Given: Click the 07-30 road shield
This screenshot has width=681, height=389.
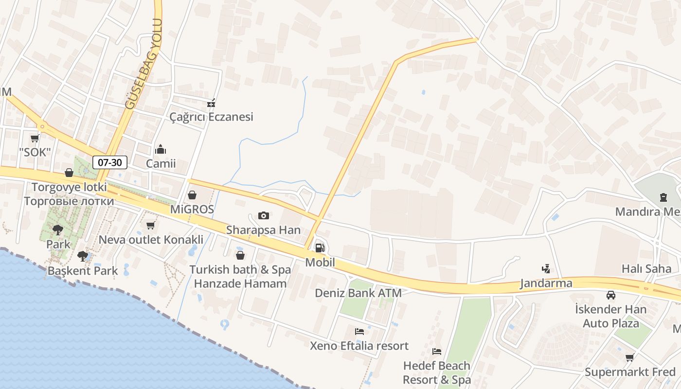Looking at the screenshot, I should point(110,162).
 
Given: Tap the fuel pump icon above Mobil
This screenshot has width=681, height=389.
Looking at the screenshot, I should point(320,248).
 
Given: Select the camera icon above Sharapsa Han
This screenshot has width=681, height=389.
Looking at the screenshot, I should point(263,215).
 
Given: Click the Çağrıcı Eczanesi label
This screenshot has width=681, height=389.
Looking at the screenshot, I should point(211,117).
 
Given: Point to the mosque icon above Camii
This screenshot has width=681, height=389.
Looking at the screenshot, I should point(161,149).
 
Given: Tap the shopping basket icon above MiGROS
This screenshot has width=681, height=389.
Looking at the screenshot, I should point(192,195).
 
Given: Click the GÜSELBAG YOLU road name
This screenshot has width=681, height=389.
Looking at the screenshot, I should point(143,63).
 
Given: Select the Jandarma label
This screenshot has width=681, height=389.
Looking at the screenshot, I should point(546,283).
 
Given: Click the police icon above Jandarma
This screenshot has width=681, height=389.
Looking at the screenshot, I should point(546,268).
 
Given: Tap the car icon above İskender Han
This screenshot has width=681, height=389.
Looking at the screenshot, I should point(610,295).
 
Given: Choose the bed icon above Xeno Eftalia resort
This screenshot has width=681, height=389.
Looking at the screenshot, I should point(359,332).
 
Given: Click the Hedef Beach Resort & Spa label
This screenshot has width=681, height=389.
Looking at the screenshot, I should point(436,372).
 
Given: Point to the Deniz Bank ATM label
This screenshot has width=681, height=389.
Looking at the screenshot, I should point(358,293).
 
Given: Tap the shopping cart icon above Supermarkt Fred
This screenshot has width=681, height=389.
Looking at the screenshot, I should point(630,357).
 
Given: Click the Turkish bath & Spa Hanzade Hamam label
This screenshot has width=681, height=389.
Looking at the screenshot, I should point(240,276).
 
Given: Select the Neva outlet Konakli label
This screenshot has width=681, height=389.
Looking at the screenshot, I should point(151,239).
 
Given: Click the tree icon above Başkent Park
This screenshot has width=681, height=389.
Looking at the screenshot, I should point(82,256).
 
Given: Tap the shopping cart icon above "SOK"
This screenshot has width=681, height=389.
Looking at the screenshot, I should point(35,138).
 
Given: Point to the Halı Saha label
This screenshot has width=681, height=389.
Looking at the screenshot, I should point(646,268).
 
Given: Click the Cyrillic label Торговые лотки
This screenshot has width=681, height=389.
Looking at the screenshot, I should point(69,201).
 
